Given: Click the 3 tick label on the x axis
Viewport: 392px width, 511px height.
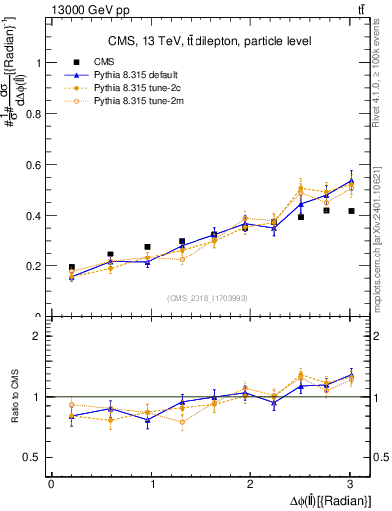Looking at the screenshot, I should coord(350,485).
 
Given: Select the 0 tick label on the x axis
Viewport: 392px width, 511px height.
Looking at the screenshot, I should coord(51,485).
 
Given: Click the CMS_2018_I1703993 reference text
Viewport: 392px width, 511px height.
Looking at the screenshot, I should coord(209,297).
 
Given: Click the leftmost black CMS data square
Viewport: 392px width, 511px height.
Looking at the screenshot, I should coord(71,268).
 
